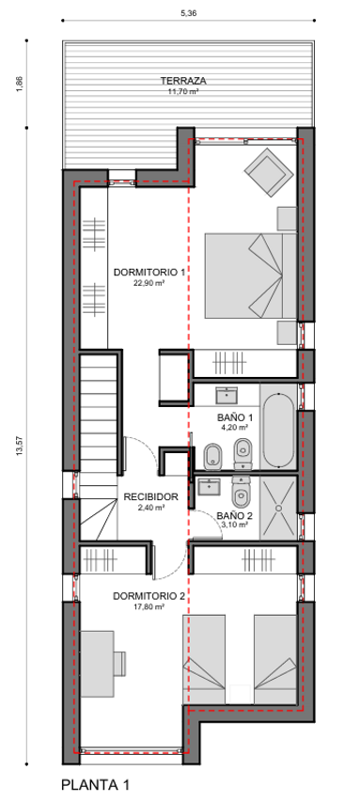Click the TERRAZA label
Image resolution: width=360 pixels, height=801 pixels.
182,81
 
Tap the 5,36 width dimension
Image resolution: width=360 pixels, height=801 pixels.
188,14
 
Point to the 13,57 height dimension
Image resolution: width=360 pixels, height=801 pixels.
20,446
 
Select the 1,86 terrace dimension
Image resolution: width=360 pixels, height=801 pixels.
20,84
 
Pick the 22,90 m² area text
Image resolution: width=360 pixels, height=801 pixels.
149,282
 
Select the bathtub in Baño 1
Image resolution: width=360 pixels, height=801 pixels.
278,430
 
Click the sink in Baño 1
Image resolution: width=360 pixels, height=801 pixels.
226,395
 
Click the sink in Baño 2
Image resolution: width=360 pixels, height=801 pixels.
209,486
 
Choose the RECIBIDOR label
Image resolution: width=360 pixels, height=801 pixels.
151,496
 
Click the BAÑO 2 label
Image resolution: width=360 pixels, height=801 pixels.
232,515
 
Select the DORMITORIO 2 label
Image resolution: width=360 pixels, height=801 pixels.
149,596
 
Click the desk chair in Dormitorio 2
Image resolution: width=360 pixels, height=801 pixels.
120,663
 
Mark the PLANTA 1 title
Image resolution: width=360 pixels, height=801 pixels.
96,784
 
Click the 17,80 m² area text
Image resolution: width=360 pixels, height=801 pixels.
149,607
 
